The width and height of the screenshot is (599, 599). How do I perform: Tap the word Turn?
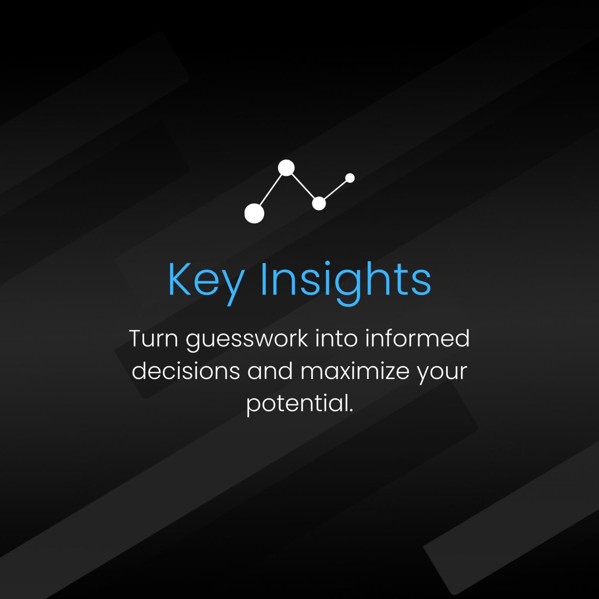tap(154, 338)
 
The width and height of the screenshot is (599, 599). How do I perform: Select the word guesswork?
tap(247, 340)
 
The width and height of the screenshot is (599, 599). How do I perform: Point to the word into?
tap(336, 338)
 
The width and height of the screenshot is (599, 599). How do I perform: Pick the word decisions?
tap(186, 370)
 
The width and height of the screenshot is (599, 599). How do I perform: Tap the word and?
tap(270, 370)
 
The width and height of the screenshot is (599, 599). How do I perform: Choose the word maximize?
tap(355, 371)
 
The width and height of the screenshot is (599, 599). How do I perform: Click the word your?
tap(442, 373)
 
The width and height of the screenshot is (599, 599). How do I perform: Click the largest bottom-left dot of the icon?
tap(254, 213)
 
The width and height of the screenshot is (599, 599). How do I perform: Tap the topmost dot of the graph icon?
tap(286, 168)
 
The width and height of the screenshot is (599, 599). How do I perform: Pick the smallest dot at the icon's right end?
tap(350, 178)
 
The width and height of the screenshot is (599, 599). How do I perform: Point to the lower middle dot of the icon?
tap(319, 203)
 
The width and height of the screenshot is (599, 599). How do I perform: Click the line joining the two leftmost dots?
tap(270, 190)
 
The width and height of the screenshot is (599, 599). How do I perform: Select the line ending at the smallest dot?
tap(335, 190)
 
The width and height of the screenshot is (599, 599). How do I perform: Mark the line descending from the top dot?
tap(303, 186)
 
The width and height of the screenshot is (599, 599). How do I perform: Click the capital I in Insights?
tap(264, 279)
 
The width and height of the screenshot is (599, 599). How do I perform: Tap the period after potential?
tap(351, 411)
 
